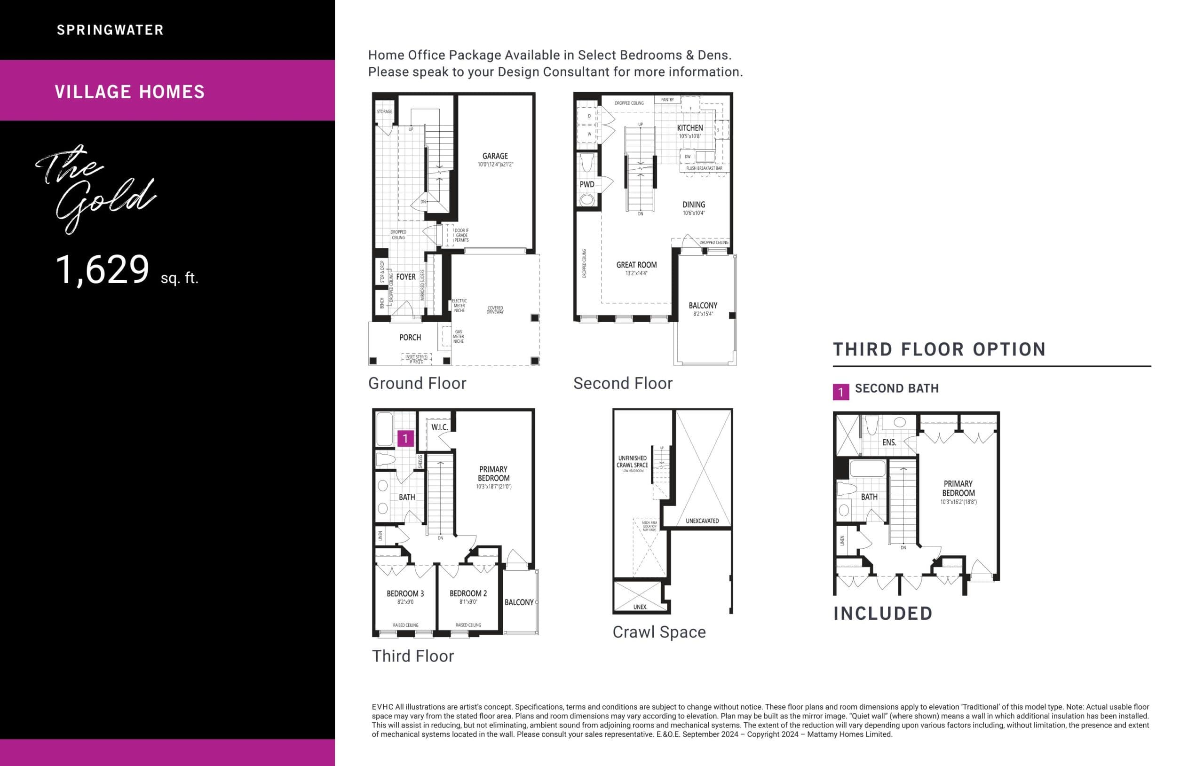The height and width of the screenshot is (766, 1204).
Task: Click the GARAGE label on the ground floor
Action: click(x=494, y=156)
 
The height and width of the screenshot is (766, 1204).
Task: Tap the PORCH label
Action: click(x=410, y=338)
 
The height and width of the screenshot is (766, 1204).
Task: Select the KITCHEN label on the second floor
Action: click(x=689, y=128)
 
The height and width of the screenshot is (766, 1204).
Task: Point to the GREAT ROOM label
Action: click(x=636, y=265)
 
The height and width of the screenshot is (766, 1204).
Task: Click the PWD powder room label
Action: click(x=586, y=184)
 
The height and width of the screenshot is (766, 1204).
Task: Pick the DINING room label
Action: click(x=694, y=205)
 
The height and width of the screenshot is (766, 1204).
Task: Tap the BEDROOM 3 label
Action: click(x=405, y=593)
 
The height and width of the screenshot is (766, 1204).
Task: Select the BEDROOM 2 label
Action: click(x=468, y=593)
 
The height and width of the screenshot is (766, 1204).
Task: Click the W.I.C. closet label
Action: click(x=439, y=427)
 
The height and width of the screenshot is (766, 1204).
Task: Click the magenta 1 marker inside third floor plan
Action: click(x=405, y=439)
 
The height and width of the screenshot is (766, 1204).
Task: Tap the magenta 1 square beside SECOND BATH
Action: click(x=840, y=392)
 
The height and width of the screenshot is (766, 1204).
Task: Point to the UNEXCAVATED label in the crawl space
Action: click(x=702, y=521)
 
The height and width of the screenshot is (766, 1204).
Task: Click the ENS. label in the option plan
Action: click(x=889, y=442)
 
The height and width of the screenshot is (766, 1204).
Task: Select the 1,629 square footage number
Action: click(x=103, y=270)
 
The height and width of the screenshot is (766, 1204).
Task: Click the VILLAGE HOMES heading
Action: click(x=129, y=92)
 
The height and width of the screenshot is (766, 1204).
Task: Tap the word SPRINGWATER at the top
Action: click(x=110, y=30)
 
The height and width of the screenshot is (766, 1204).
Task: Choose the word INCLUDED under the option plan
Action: click(x=882, y=614)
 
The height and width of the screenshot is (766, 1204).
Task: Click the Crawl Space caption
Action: click(x=658, y=632)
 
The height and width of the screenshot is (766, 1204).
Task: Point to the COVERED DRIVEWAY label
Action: click(x=495, y=310)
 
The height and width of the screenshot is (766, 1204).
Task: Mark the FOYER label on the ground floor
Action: click(x=405, y=277)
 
